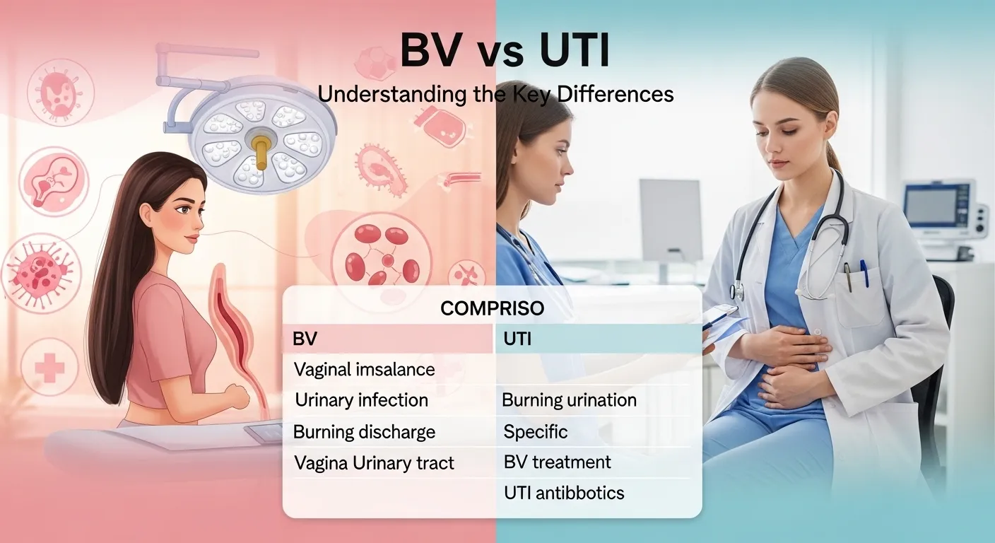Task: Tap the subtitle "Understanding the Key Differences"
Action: pyautogui.click(x=495, y=94)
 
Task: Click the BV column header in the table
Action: pyautogui.click(x=305, y=339)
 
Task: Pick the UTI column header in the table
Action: pyautogui.click(x=517, y=339)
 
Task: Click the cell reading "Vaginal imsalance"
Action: pyautogui.click(x=364, y=369)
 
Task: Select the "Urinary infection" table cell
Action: pyautogui.click(x=361, y=400)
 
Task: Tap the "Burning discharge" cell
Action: pyautogui.click(x=364, y=432)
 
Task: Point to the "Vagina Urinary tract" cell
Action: pyautogui.click(x=374, y=464)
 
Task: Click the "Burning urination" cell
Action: pyautogui.click(x=569, y=400)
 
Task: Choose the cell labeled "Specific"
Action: pyautogui.click(x=535, y=431)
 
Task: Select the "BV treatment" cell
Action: pyautogui.click(x=557, y=462)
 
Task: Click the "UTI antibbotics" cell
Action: pyautogui.click(x=564, y=493)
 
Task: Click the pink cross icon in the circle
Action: pyautogui.click(x=49, y=366)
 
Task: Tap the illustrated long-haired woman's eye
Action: pyautogui.click(x=182, y=210)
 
